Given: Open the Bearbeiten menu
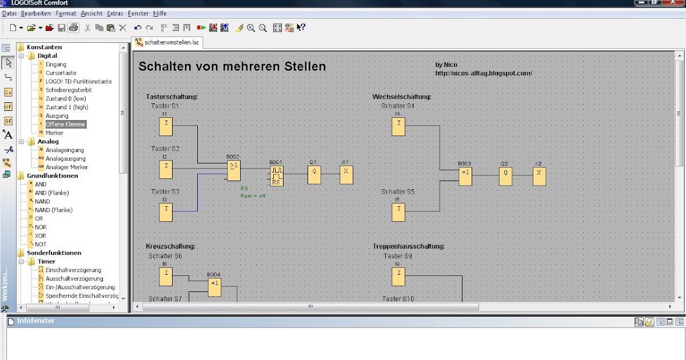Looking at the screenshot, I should pos(35,13).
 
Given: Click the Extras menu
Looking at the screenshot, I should pos(115,13).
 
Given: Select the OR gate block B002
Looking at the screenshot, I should pos(233,169).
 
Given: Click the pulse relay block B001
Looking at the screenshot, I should pos(276,176).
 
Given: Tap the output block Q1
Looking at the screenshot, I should pos(314,175).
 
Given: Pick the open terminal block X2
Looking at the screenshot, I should pos(539,177).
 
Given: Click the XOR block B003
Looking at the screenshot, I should pos(465,177).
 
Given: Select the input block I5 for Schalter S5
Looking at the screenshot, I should pos(398,212).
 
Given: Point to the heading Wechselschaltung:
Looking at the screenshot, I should pos(401,97).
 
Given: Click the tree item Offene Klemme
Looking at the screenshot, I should pos(65,124).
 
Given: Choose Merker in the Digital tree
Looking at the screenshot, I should pos(54,133).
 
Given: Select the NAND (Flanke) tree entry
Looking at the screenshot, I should pos(53,210).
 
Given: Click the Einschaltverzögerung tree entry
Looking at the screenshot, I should pos(73,270).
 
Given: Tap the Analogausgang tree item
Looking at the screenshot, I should pos(66,158).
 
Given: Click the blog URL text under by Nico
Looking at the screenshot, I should pos(484,73).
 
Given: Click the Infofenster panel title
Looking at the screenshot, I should pos(35,321).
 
